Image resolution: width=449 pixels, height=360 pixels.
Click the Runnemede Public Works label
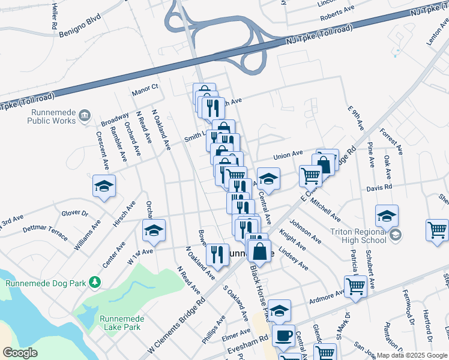(x=52, y=116)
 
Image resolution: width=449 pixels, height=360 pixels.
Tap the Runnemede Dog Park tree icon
(x=95, y=281)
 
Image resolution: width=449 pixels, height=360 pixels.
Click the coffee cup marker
(x=283, y=335)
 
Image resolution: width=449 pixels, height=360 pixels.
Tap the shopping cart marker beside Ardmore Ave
(x=355, y=287)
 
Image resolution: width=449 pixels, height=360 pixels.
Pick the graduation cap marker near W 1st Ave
(x=154, y=230)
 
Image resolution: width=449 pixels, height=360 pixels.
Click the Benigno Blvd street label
(x=80, y=25)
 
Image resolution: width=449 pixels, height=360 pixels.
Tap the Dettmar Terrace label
(x=44, y=232)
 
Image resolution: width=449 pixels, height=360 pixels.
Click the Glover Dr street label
(x=75, y=213)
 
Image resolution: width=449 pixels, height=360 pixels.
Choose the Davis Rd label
(x=379, y=187)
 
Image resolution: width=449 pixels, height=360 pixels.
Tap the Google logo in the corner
(x=20, y=353)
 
